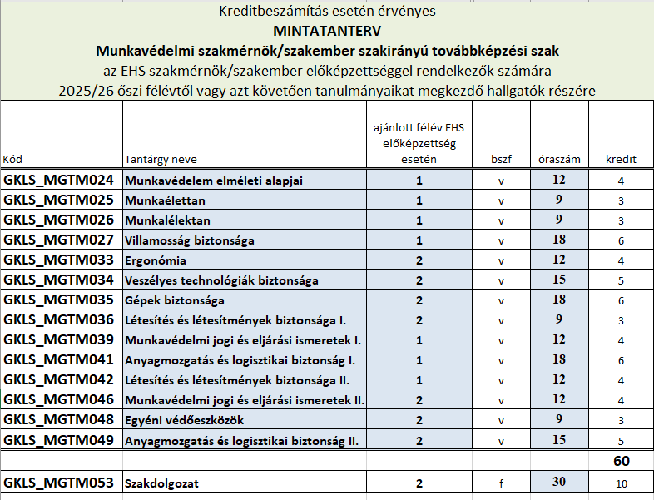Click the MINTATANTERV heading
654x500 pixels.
coord(326,32)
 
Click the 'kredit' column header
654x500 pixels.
coord(621,159)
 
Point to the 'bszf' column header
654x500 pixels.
coord(501,159)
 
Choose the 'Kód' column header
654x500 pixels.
coord(13,159)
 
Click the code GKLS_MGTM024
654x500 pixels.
coord(58,180)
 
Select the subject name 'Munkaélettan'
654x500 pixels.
coord(165,200)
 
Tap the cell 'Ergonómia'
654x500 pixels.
coord(155,260)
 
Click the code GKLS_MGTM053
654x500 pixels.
coord(58,482)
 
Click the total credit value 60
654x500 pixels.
coord(621,461)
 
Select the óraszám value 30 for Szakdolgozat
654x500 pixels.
coord(558,482)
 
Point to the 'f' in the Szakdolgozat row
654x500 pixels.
coord(501,483)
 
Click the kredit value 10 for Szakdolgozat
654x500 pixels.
coord(621,483)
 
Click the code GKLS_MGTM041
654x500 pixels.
coord(58,360)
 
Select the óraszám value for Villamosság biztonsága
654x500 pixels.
coord(558,240)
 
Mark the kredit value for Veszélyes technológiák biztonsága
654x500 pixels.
coord(621,280)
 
